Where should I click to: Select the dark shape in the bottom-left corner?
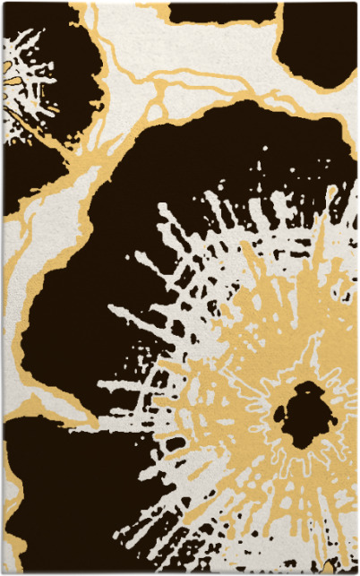coord(54,502)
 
